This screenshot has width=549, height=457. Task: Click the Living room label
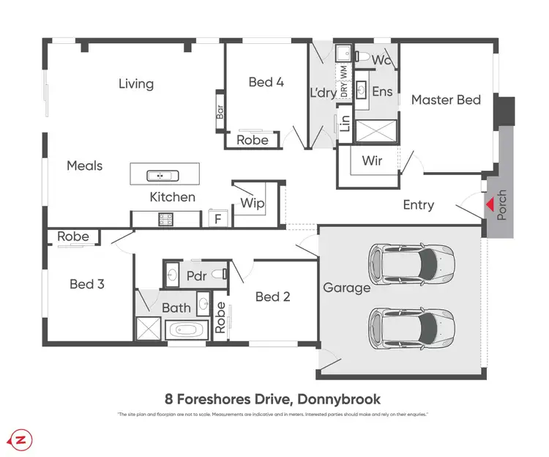[x=136, y=83]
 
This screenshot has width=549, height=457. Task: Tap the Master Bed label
[x=446, y=99]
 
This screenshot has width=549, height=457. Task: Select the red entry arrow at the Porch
[x=488, y=204]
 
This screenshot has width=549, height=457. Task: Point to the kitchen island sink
[x=159, y=175]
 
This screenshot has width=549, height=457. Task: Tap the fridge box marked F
[x=217, y=218]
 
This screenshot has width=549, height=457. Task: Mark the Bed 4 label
[x=266, y=82]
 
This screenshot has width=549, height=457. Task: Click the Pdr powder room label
[x=195, y=276]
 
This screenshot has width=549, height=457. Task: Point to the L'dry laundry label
[x=323, y=93]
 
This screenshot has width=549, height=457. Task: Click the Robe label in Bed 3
[x=73, y=237]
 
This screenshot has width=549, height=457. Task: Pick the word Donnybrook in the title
[x=338, y=398]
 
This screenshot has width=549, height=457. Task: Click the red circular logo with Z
[x=20, y=439]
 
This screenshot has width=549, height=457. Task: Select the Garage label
[x=346, y=288]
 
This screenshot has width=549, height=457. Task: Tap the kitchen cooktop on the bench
[x=163, y=218]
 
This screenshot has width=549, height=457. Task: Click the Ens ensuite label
[x=382, y=92]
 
